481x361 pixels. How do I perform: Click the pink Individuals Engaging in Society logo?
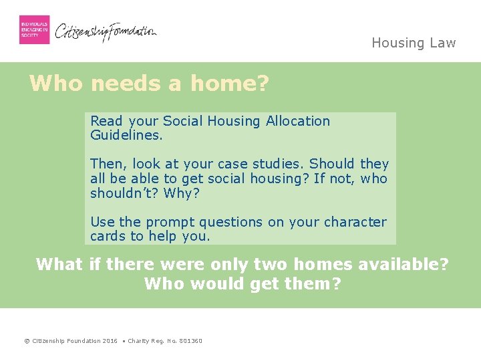coord(34,29)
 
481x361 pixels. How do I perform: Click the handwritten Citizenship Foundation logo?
coord(106,31)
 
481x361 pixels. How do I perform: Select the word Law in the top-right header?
coord(442,43)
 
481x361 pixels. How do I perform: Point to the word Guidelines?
coord(125,134)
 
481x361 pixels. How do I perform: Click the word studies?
coord(279,164)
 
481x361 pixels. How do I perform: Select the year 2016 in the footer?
coord(110,341)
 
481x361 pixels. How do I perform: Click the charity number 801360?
coord(190,341)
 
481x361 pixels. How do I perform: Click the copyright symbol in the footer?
coord(27,341)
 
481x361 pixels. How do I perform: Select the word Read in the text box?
coord(107,121)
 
